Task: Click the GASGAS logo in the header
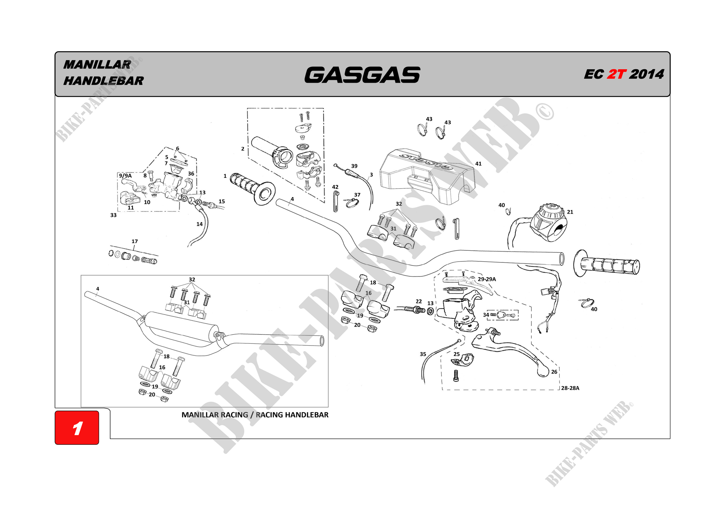tap(362, 75)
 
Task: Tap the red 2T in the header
tap(616, 75)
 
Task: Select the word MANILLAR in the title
tap(97, 65)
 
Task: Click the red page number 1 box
tap(77, 428)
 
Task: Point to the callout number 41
tap(478, 164)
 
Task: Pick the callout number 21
tap(570, 212)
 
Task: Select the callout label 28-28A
tap(570, 388)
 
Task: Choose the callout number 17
tap(135, 242)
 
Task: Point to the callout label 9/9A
tap(125, 176)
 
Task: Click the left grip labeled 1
tap(252, 188)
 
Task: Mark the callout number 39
tap(354, 166)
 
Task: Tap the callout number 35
tap(423, 354)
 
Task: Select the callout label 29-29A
tap(487, 279)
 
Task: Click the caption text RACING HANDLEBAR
tap(292, 415)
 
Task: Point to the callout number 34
tap(486, 315)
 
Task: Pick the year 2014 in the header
tap(646, 75)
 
